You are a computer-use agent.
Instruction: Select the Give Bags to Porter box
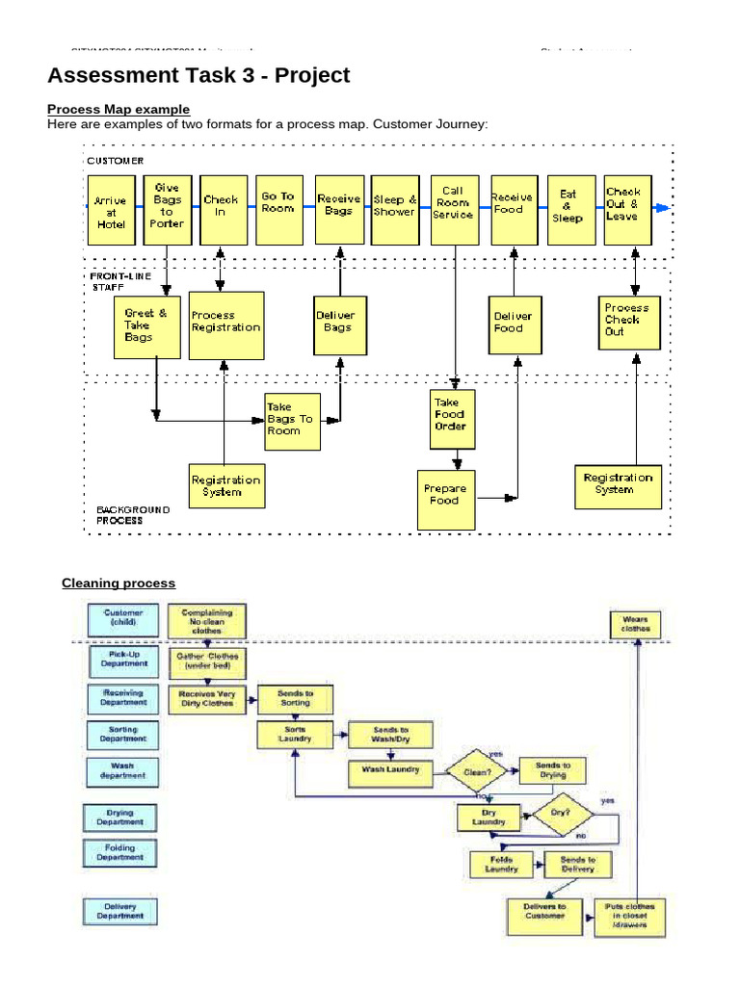pos(168,207)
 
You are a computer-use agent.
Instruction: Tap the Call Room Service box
pos(453,207)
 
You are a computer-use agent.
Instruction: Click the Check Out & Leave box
pos(627,207)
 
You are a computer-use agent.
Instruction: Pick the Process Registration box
pos(225,324)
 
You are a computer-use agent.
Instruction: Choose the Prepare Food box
pos(445,500)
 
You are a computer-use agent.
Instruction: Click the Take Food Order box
pos(452,419)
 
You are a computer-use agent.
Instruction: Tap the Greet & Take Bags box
pos(146,326)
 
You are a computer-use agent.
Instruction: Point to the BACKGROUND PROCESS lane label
pos(133,514)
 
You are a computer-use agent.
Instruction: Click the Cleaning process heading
pos(119,583)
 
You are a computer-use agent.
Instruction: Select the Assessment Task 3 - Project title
pos(198,75)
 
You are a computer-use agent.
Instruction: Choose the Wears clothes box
pos(636,624)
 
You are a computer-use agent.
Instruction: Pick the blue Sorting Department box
pos(121,735)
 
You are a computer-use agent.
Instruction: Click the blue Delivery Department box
pos(121,911)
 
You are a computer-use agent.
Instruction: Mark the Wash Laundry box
pos(390,770)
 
